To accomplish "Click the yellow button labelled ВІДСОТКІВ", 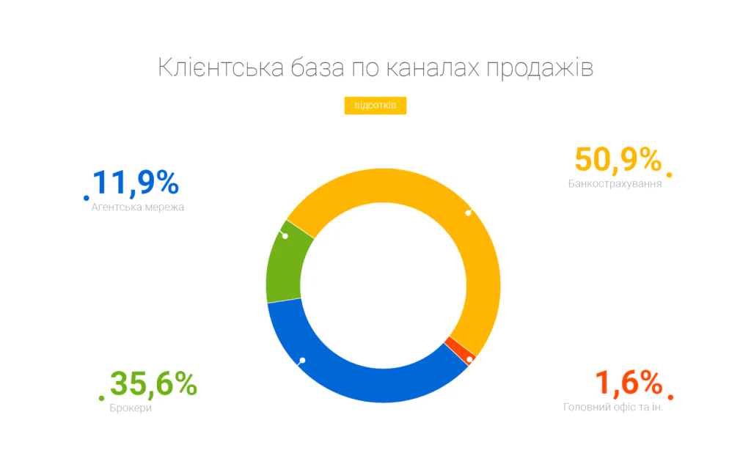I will pos(375,106).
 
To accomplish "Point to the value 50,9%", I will pos(618,161).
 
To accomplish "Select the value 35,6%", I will pos(153,383).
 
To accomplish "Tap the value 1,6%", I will pos(629,383).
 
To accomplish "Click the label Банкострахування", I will pos(615,183).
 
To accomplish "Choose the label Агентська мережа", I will pos(138,207).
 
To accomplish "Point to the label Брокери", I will pos(131,408).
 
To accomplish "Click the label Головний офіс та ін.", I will pos(612,407).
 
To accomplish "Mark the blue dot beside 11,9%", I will pos(87,198).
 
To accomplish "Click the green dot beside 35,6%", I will pos(101,398).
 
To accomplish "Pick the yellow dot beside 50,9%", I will pos(670,174).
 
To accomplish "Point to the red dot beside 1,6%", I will pos(670,397).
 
